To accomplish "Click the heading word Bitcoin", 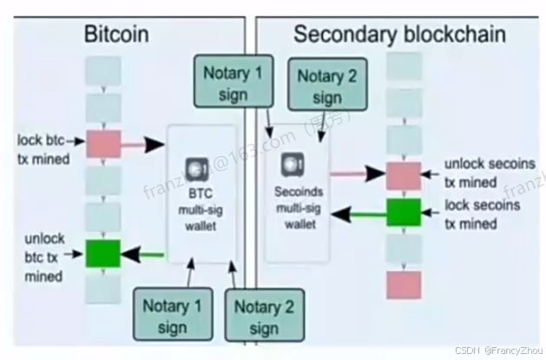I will (x=116, y=35).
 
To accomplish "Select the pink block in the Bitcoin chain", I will (x=102, y=142).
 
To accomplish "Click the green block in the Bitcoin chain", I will (x=102, y=253).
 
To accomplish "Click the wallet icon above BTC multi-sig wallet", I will (x=195, y=166).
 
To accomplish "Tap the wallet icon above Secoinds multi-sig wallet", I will (x=291, y=162).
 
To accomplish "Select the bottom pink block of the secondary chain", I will (x=404, y=285).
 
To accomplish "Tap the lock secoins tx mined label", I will (x=482, y=214).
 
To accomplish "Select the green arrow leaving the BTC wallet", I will (x=143, y=254).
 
